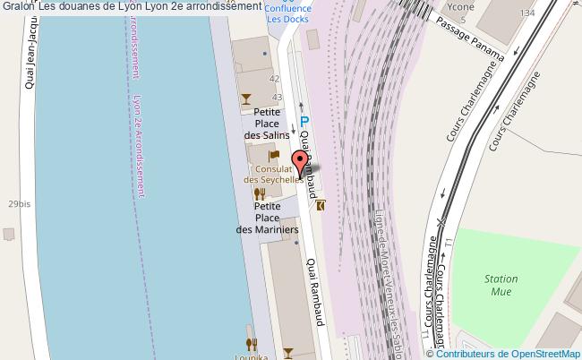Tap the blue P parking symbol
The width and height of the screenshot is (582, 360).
pyautogui.click(x=304, y=123)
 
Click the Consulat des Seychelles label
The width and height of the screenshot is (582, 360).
pyautogui.click(x=271, y=174)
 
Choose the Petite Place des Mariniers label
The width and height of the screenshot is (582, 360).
pyautogui.click(x=267, y=218)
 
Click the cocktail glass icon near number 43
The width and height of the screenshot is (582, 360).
pyautogui.click(x=245, y=99)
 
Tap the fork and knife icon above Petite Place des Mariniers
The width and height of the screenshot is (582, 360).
pyautogui.click(x=260, y=193)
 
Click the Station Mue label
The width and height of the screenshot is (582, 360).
pyautogui.click(x=501, y=285)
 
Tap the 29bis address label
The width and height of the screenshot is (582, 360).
pyautogui.click(x=19, y=205)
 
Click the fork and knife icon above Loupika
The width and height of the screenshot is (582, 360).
pyautogui.click(x=252, y=342)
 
